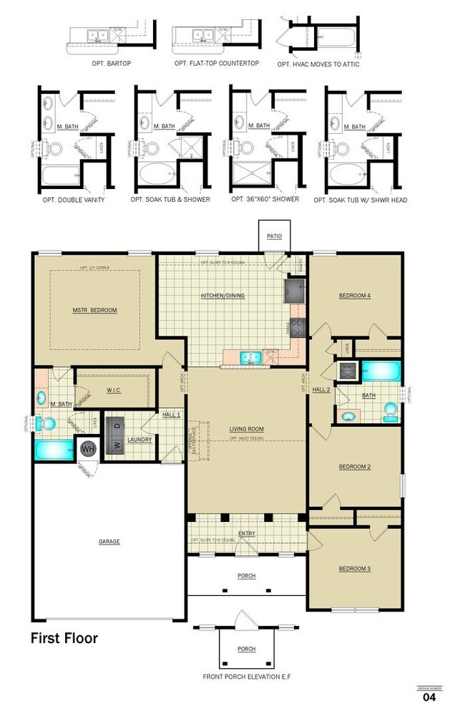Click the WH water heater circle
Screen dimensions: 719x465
coord(88,449)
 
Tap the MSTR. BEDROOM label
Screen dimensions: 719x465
coord(94,311)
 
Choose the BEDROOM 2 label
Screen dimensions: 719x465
coord(354,467)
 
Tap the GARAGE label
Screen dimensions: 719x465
coord(109,542)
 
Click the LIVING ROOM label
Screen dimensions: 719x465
coord(247,430)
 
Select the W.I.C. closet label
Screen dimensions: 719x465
coord(114,391)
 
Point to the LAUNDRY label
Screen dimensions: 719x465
coord(139,439)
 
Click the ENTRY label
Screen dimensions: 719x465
coord(247,534)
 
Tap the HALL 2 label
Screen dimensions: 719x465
coord(321,390)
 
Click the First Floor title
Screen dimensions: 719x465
coord(64,638)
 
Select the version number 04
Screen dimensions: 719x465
coord(429,696)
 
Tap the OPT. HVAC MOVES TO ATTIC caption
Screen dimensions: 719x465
coord(319,64)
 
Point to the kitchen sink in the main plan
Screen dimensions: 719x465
coord(250,356)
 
